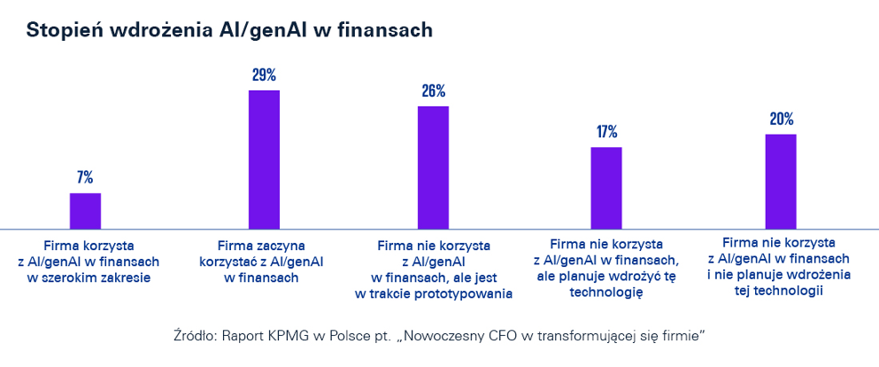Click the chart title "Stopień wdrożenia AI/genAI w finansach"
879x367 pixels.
229,30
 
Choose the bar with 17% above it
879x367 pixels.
606,188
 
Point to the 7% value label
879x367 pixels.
86,176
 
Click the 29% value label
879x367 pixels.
264,74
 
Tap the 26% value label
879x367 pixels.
433,90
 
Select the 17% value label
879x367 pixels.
606,132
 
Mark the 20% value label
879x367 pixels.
781,119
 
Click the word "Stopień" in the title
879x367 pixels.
61,30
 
